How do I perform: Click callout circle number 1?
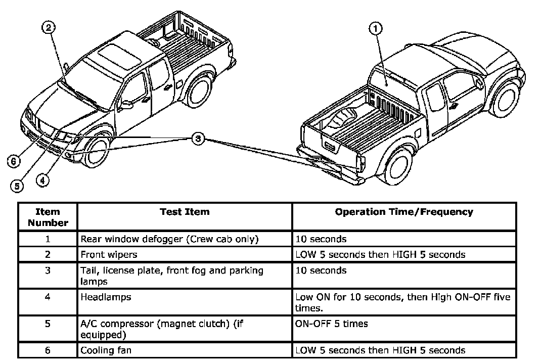pyautogui.click(x=375, y=29)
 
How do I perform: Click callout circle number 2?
pyautogui.click(x=48, y=29)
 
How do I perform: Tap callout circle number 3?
pyautogui.click(x=199, y=138)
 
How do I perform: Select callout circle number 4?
pyautogui.click(x=42, y=179)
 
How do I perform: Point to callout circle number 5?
pyautogui.click(x=17, y=186)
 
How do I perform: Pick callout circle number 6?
pyautogui.click(x=14, y=161)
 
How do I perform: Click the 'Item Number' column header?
pyautogui.click(x=48, y=217)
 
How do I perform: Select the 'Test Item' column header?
pyautogui.click(x=185, y=212)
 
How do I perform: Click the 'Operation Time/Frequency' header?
pyautogui.click(x=403, y=212)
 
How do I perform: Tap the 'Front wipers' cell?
pyautogui.click(x=109, y=254)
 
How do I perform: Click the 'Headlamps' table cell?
pyautogui.click(x=106, y=297)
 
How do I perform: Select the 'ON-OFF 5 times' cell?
pyautogui.click(x=331, y=324)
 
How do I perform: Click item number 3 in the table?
pyautogui.click(x=48, y=270)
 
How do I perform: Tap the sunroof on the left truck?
pyautogui.click(x=116, y=55)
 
